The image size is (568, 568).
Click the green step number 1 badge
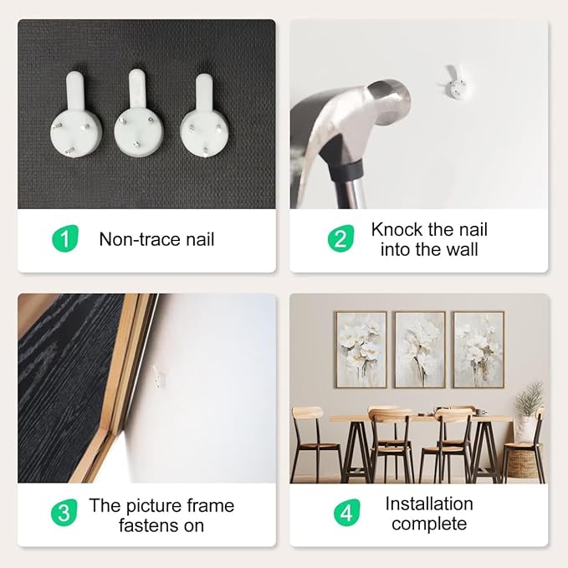[x=65, y=238]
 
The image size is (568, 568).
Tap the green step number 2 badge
[x=340, y=238]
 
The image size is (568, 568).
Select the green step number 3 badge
[x=64, y=513]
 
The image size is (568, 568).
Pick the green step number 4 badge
[x=347, y=513]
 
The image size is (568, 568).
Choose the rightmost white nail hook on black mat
[x=205, y=116]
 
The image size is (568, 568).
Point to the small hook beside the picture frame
[x=159, y=376]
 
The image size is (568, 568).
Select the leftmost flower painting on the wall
[x=361, y=350]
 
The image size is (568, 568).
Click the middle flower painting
[x=420, y=350]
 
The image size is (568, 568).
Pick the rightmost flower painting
[x=478, y=350]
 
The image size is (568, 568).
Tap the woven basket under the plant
[x=522, y=463]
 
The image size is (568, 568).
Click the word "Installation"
[x=429, y=504]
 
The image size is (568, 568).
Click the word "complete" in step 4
[x=429, y=525]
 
